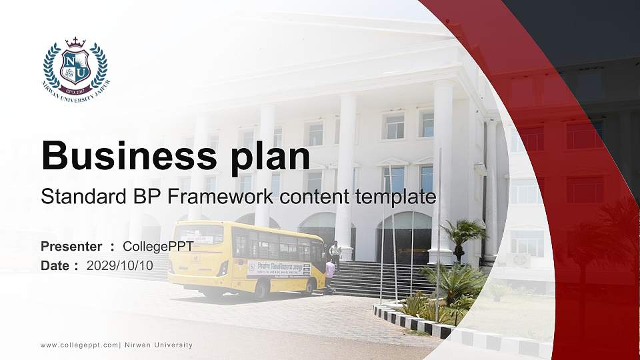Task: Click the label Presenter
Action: (x=71, y=247)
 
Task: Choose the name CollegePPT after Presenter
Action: (x=158, y=247)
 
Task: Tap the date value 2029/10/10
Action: (x=118, y=265)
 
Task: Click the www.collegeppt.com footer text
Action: (x=79, y=345)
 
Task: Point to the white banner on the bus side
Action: (x=278, y=269)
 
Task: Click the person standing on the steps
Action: (x=335, y=252)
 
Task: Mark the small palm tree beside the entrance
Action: (x=462, y=233)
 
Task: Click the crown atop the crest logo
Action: (x=75, y=42)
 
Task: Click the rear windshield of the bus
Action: (x=199, y=235)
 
